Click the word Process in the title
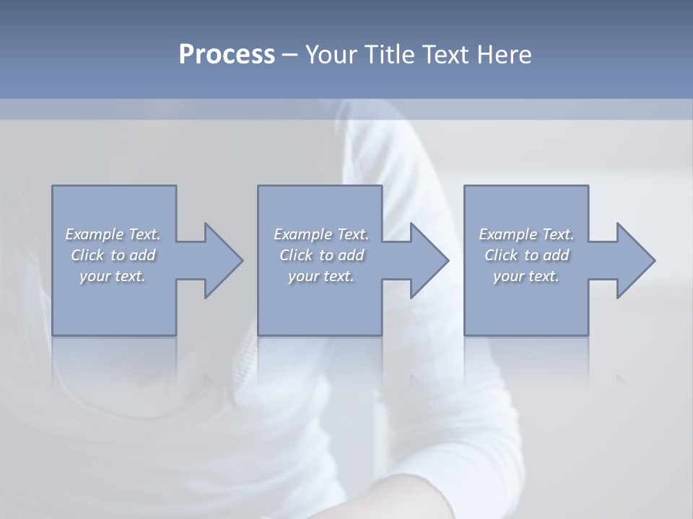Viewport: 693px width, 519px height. click(227, 55)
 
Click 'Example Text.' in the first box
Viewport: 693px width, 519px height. click(113, 234)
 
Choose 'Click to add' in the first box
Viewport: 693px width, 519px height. click(113, 255)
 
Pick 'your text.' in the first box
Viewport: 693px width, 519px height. click(113, 276)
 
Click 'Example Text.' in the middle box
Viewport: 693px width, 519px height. click(321, 234)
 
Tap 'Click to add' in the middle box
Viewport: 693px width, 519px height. click(321, 255)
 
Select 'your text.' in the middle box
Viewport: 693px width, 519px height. click(321, 276)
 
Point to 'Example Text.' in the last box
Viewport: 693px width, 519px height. click(527, 234)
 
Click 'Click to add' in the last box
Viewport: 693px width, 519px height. click(527, 255)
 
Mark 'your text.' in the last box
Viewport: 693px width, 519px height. click(527, 276)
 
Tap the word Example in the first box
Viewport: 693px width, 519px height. click(94, 234)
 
